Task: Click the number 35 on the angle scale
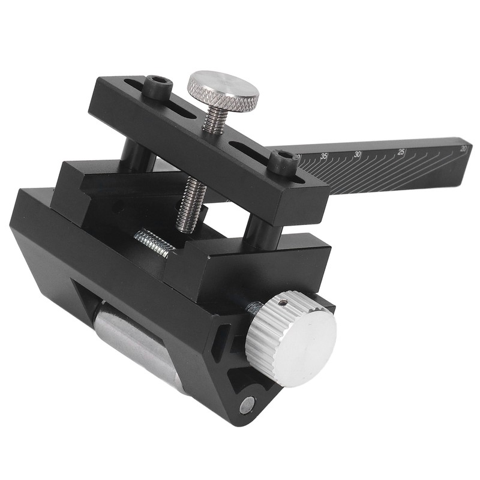coord(325,156)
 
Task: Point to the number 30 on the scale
coord(358,154)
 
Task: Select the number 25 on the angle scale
coord(402,151)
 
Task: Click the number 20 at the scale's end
coord(462,148)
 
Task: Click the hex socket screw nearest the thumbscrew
coord(159,87)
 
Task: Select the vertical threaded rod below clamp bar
coord(191,204)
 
